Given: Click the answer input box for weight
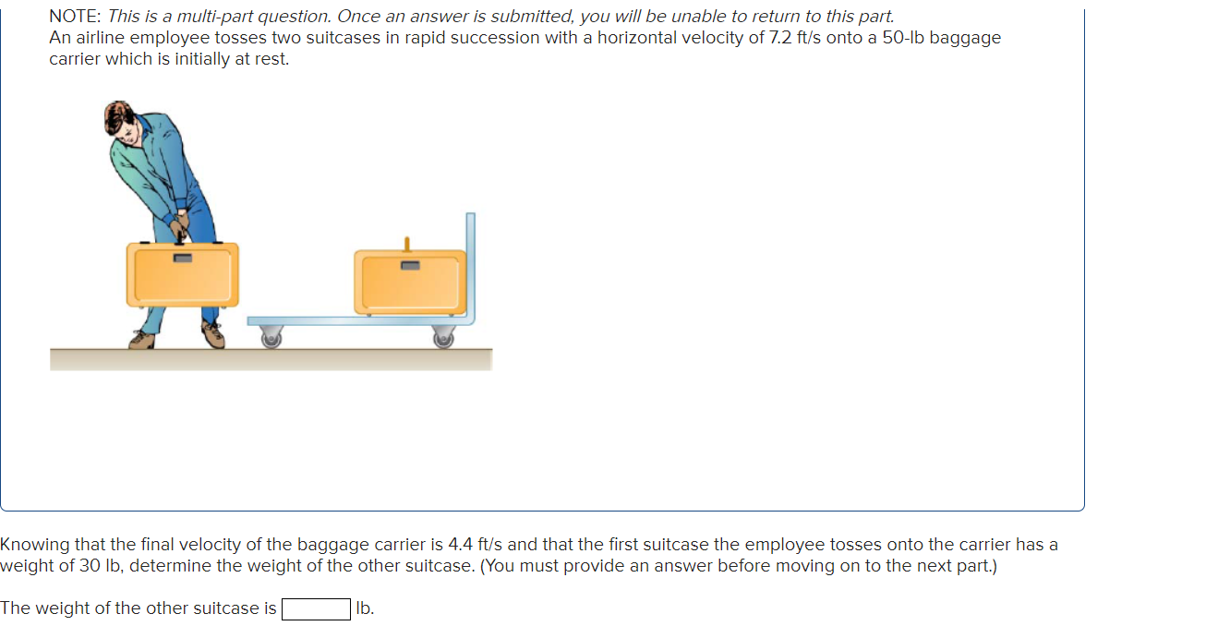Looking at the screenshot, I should coord(316,608).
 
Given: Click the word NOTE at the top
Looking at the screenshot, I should coord(75,16).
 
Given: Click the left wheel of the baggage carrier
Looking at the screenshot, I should coord(271,339).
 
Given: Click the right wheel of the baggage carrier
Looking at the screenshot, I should coord(443,339).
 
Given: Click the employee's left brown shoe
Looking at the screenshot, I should coord(142,340).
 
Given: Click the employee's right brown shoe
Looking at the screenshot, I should coord(213,335).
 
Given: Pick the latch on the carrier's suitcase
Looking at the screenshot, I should coord(410,266).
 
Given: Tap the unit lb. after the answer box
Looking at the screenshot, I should coord(365,608).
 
